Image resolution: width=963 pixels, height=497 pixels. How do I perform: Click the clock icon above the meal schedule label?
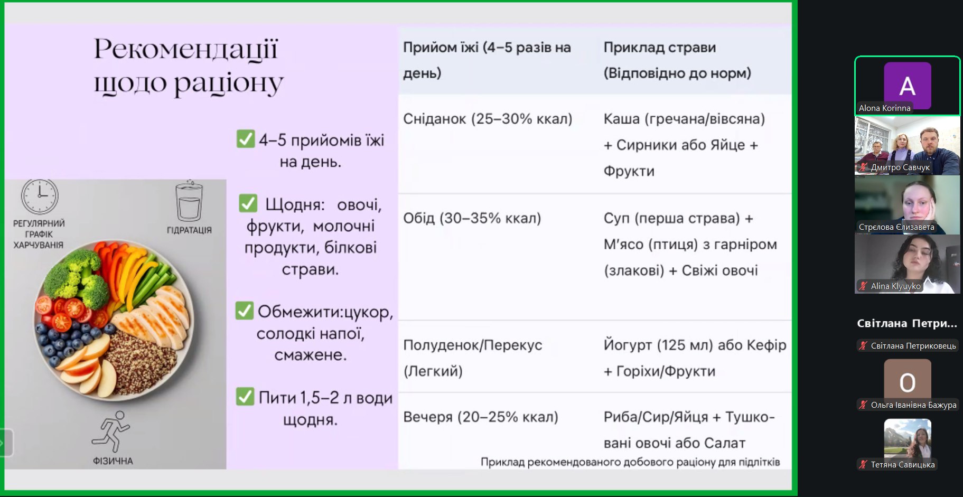[40, 196]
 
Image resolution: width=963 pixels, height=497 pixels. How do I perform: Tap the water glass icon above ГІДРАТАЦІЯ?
[189, 201]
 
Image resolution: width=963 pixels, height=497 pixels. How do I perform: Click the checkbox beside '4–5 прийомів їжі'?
[246, 139]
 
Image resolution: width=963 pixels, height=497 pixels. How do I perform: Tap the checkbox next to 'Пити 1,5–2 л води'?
[245, 396]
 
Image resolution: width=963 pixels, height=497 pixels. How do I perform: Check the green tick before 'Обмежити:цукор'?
[244, 311]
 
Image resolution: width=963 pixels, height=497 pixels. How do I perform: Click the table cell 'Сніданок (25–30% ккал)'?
[488, 119]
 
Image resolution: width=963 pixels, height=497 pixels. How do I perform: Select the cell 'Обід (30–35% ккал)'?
[472, 218]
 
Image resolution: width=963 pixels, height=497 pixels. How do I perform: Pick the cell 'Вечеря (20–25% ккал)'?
[480, 417]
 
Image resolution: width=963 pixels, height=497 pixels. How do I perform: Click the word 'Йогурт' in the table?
[628, 345]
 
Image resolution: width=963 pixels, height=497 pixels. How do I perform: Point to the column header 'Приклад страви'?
[660, 48]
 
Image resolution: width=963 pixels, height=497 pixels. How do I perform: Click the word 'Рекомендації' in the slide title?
[185, 50]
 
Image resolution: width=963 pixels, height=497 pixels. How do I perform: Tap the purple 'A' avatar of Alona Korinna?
[907, 86]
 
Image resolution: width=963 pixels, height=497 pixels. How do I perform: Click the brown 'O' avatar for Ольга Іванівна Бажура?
[907, 381]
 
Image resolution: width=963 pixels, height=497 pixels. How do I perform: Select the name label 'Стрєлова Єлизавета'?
[896, 227]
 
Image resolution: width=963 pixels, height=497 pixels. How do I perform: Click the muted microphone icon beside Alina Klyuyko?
[863, 286]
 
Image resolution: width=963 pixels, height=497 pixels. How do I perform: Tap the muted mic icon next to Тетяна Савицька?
[863, 464]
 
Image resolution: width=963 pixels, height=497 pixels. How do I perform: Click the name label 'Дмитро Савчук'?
[900, 167]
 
